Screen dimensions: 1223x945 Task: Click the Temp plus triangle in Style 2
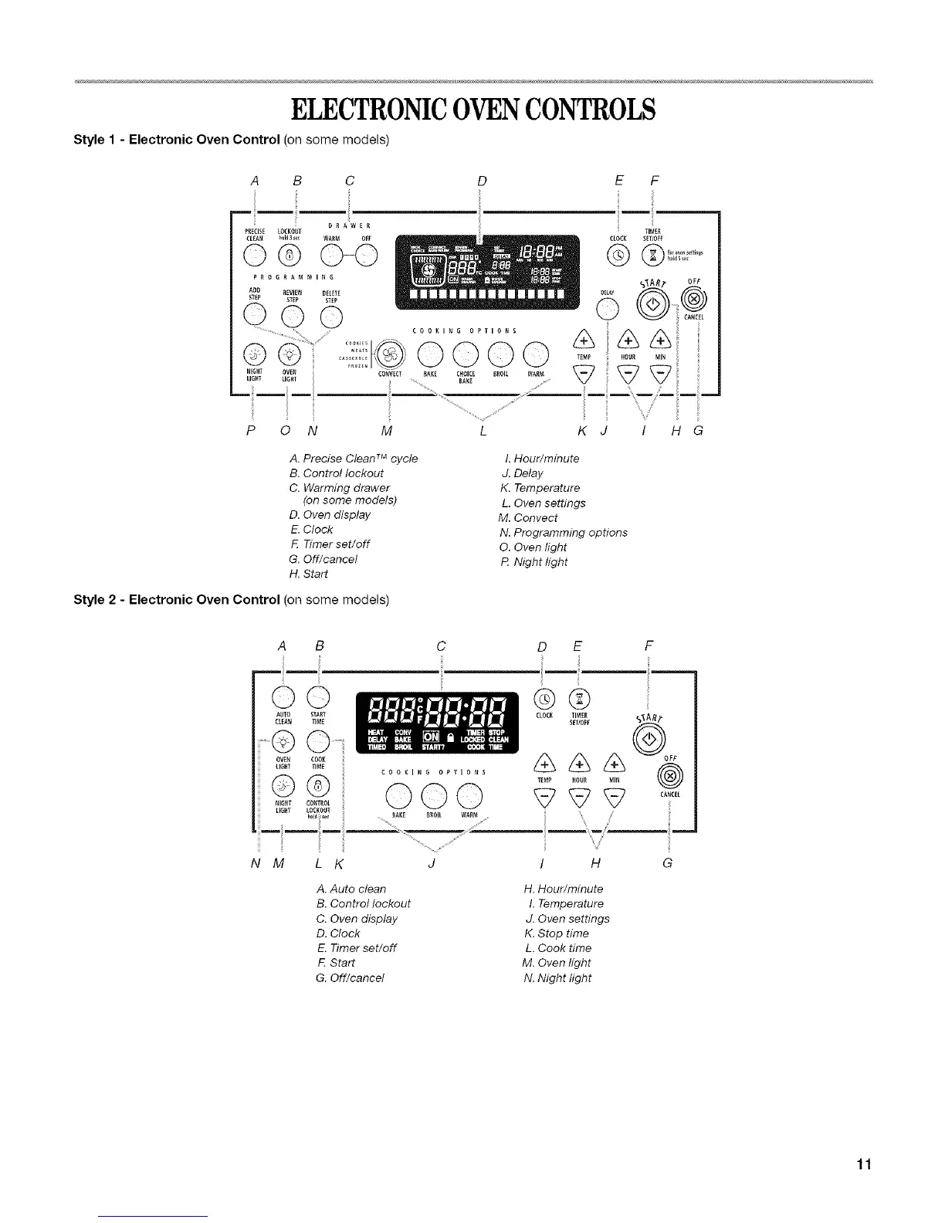click(545, 764)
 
